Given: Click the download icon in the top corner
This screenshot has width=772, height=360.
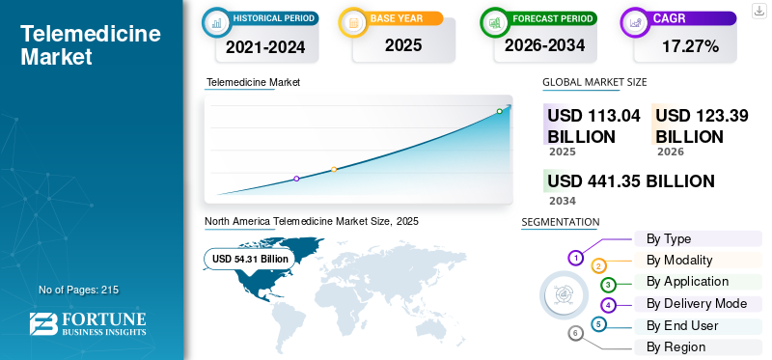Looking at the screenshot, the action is [x=758, y=11].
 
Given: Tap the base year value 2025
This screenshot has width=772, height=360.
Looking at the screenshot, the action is [x=403, y=45].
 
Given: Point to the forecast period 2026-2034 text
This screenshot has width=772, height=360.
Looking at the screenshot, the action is [x=544, y=45].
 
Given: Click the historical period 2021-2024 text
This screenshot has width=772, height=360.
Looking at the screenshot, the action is [x=265, y=47].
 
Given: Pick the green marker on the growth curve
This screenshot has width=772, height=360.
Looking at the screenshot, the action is [x=499, y=111].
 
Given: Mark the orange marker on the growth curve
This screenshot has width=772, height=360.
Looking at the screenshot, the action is [x=334, y=170].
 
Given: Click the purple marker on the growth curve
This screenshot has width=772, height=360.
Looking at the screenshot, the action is [x=296, y=179].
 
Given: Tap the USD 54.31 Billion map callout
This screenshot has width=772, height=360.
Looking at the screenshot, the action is [x=250, y=259].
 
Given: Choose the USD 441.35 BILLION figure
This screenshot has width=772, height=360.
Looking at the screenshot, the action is [x=631, y=181].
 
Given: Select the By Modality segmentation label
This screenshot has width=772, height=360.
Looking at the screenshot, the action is [x=679, y=260].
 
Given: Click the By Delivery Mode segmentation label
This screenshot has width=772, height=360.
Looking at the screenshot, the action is [x=697, y=303].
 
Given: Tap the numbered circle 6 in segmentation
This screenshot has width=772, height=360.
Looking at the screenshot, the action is [x=575, y=333].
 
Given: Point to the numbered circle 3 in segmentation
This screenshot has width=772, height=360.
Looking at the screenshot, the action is [x=608, y=284].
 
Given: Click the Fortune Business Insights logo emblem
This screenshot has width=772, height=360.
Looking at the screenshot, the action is [x=43, y=324].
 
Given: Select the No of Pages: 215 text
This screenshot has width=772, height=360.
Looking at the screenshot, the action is [x=79, y=290].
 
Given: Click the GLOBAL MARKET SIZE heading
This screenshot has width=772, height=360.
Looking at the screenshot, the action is [x=594, y=82].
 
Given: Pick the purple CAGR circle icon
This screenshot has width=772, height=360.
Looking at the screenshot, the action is [x=635, y=22].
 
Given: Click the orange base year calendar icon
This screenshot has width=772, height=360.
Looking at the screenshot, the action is [x=353, y=22].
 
